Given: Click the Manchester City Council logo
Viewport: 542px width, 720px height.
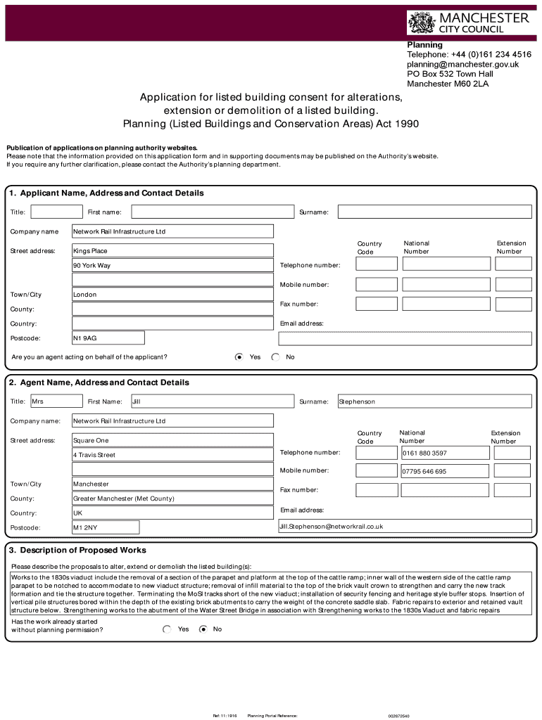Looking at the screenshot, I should pyautogui.click(x=468, y=23).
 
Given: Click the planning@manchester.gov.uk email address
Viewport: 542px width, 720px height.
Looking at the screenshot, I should pyautogui.click(x=462, y=64).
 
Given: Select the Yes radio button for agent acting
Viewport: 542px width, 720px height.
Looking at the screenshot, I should pyautogui.click(x=239, y=357).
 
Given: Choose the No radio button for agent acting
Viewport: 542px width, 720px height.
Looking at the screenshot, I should pyautogui.click(x=275, y=357).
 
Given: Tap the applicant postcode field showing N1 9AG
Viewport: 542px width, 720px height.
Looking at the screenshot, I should pyautogui.click(x=108, y=338).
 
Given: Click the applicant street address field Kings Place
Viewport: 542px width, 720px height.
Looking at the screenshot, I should pyautogui.click(x=172, y=251).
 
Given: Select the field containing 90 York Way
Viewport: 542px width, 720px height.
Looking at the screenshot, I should pyautogui.click(x=172, y=266).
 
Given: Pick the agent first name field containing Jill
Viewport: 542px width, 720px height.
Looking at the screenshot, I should pyautogui.click(x=212, y=401).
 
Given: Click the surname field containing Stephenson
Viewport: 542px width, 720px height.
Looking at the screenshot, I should pyautogui.click(x=434, y=401).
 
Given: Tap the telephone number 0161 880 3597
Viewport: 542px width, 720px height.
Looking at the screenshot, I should pyautogui.click(x=444, y=453).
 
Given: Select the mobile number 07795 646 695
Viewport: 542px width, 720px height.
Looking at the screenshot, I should pyautogui.click(x=444, y=471).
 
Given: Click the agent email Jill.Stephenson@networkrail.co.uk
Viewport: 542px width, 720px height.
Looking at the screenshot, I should pyautogui.click(x=405, y=526).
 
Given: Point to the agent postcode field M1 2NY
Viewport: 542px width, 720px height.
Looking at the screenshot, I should pyautogui.click(x=106, y=527).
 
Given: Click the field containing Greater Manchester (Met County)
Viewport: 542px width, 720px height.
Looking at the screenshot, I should pyautogui.click(x=172, y=499).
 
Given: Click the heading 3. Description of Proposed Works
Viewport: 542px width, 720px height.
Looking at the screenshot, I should pyautogui.click(x=77, y=550).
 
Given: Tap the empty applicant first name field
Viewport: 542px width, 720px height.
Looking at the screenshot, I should pyautogui.click(x=212, y=212).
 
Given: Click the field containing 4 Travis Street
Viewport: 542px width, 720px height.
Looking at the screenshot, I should pyautogui.click(x=172, y=455).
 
